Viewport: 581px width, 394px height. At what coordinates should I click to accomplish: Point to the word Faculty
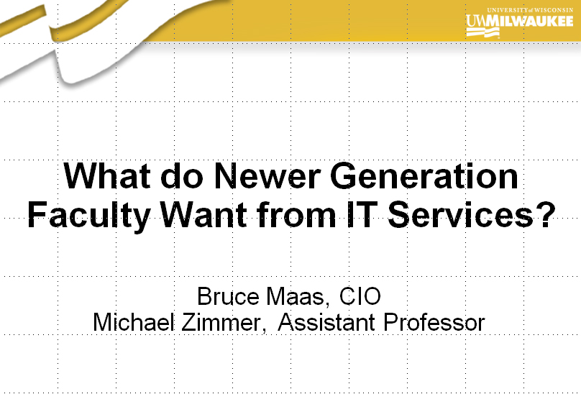point(89,216)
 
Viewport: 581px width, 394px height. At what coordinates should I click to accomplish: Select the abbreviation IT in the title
point(360,214)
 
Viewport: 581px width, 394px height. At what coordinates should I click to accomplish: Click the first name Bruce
point(228,296)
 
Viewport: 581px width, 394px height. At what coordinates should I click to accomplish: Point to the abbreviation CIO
point(360,296)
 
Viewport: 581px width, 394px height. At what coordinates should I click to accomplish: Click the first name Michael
point(134,322)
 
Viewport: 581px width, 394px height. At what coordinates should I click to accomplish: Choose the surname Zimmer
point(224,323)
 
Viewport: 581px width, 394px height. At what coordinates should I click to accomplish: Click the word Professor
point(434,322)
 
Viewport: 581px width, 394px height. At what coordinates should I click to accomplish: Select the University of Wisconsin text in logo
point(530,10)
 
